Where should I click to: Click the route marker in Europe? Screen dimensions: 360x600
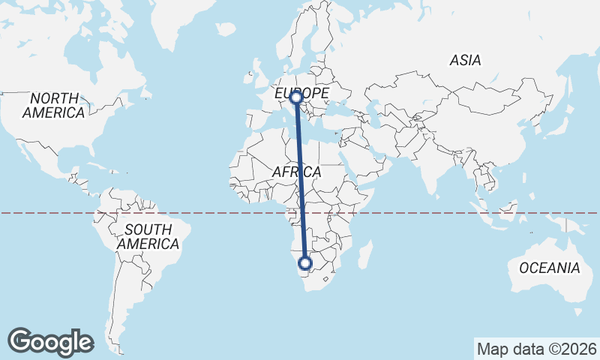(x=296, y=97)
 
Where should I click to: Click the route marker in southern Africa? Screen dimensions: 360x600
(x=304, y=262)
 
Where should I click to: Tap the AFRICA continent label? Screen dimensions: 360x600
(x=296, y=172)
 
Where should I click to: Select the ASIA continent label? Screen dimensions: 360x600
(x=465, y=61)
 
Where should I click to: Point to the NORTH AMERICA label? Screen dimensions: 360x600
(x=54, y=106)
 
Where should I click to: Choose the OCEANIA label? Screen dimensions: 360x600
(x=550, y=268)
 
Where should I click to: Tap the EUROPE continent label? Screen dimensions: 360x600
(x=301, y=93)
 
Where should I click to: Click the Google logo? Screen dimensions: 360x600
(x=50, y=342)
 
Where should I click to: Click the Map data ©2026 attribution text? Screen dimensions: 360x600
(x=536, y=349)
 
